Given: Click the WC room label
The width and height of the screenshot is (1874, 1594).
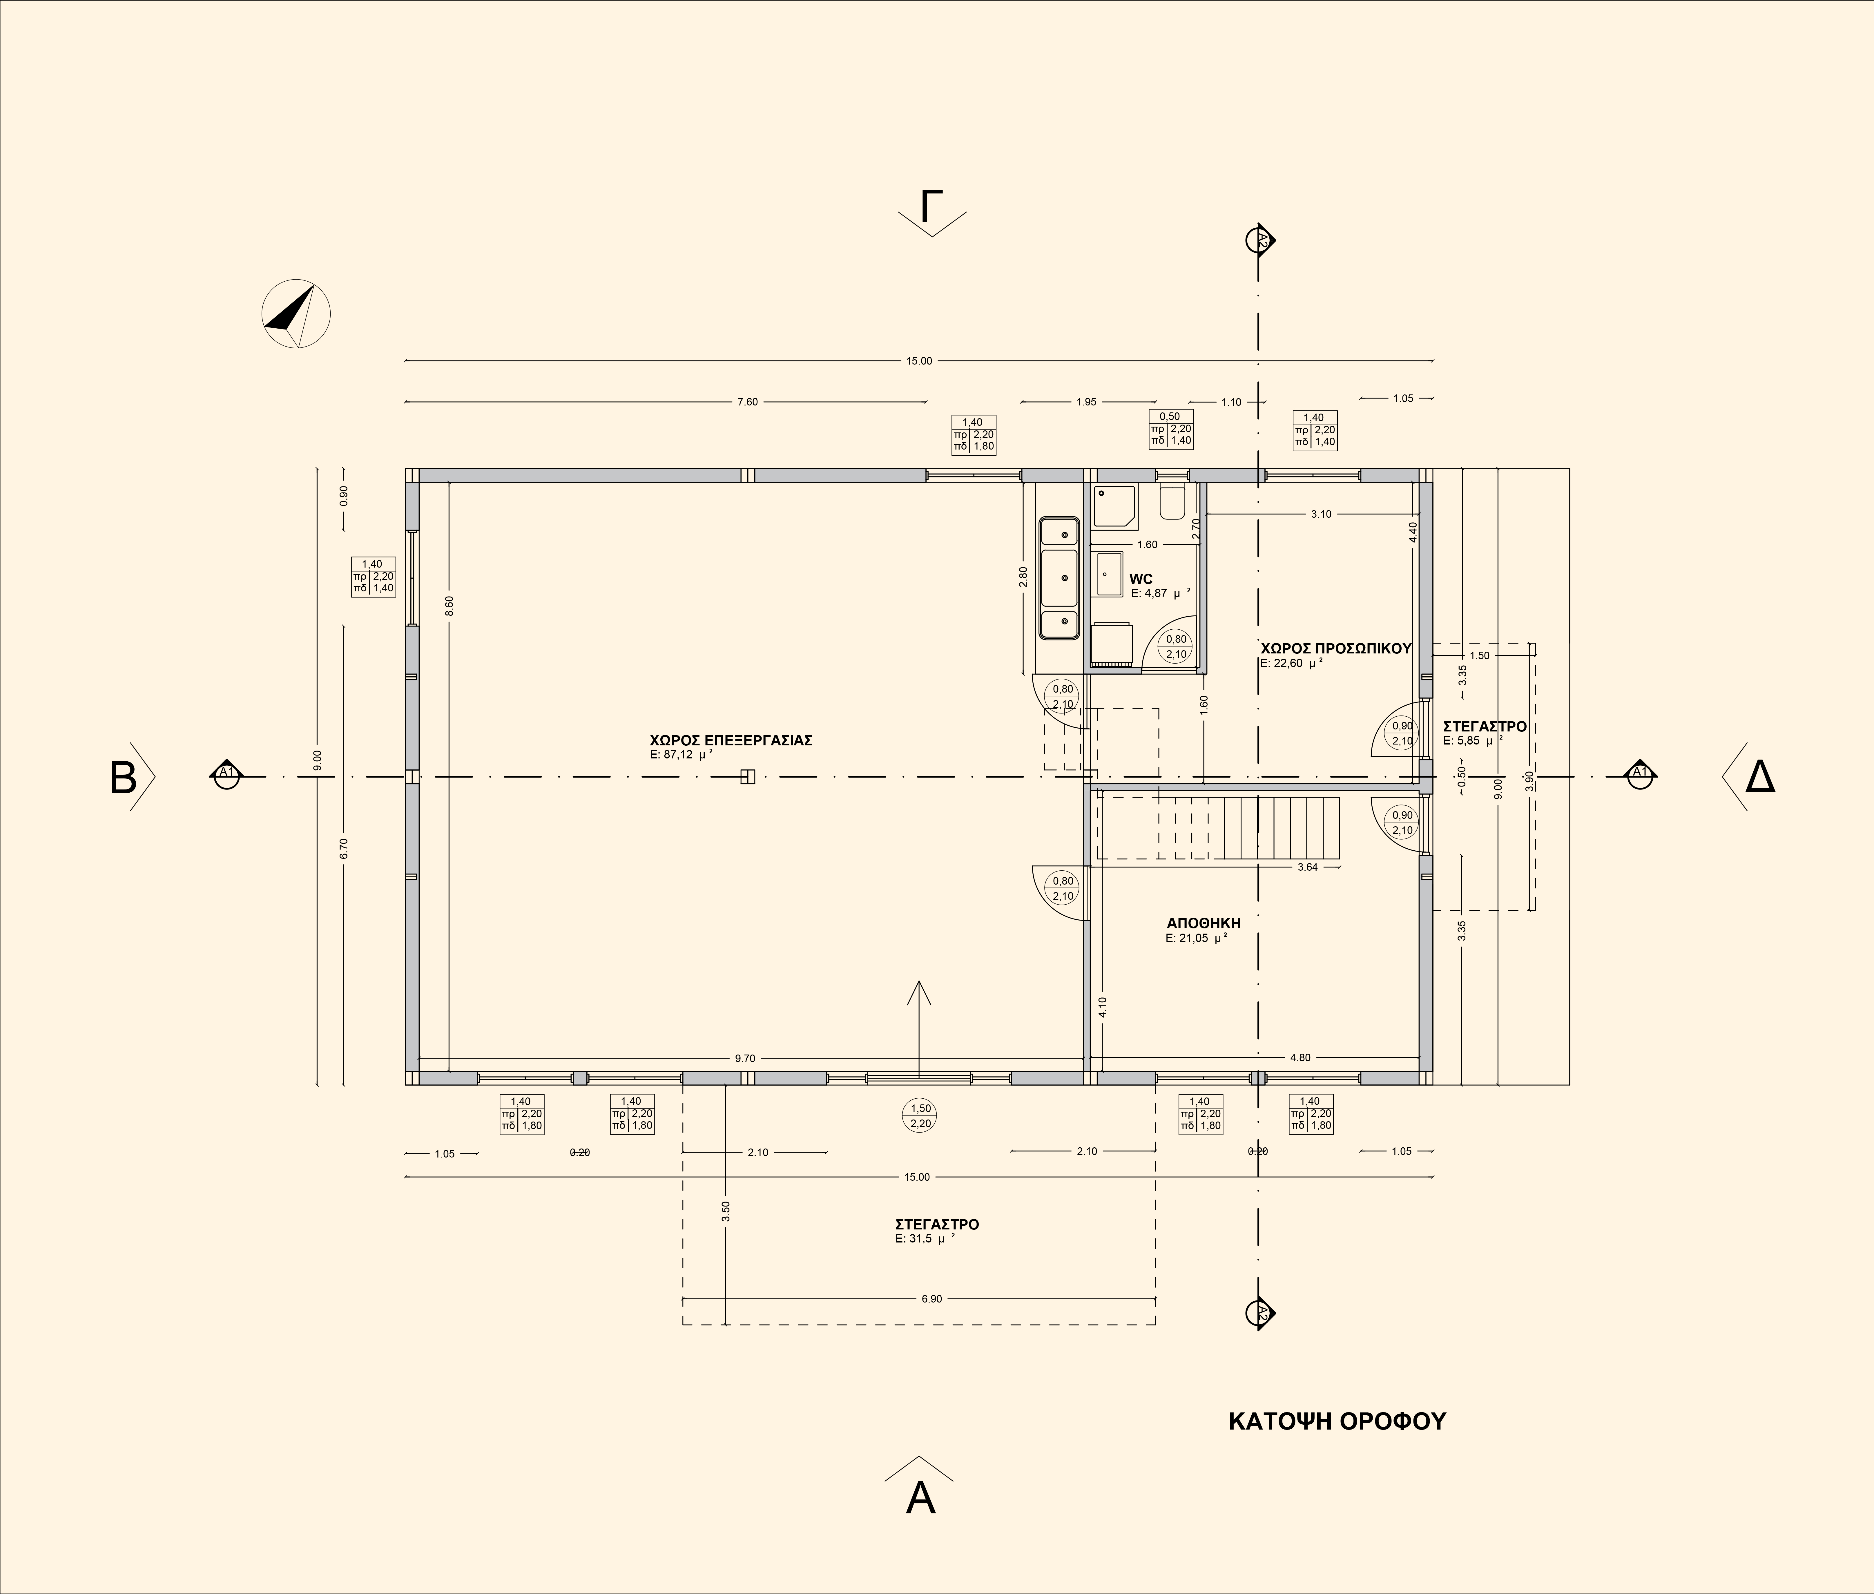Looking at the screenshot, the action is point(1141,579).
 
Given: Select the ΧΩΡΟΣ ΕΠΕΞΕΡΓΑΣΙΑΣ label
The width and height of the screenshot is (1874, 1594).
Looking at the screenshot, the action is point(731,740).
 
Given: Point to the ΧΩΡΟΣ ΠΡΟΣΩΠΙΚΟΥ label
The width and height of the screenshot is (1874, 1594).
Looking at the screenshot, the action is point(1335,648).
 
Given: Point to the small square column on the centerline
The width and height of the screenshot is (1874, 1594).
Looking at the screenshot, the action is point(747,776).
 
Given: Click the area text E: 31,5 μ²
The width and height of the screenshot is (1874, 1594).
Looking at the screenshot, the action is point(925,1239).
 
